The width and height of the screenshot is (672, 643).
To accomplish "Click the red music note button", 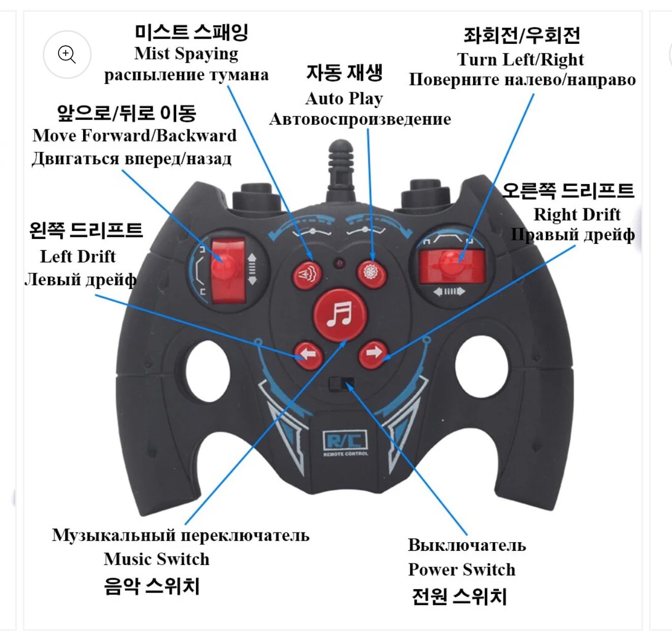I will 340,314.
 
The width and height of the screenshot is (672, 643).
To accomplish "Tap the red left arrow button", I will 307,354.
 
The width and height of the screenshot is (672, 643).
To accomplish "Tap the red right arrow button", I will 373,353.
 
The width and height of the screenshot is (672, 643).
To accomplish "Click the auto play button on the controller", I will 371,273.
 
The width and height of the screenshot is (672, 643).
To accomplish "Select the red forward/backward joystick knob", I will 224,266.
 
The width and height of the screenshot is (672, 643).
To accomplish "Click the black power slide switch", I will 341,383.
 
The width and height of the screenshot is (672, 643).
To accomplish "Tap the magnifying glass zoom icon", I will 67,54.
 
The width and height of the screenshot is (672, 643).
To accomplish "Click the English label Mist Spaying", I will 186,53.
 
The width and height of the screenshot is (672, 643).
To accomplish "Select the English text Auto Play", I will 344,98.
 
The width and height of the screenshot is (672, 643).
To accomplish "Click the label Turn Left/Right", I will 520,59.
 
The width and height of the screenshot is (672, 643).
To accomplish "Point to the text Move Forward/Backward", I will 134,135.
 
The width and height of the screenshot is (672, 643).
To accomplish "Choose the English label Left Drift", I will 78,256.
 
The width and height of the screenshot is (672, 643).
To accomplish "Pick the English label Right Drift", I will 577,214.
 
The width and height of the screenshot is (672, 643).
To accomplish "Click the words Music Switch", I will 156,559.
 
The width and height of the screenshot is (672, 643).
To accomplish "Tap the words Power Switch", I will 462,569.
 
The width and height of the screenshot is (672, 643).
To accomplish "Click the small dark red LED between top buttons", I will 339,263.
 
